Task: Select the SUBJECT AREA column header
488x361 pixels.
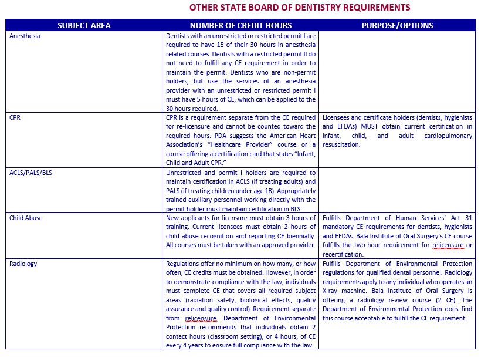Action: (x=84, y=25)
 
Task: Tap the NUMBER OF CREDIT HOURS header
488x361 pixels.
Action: (x=240, y=25)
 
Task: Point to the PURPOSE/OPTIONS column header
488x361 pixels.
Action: (x=397, y=25)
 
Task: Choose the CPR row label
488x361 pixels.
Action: (x=16, y=117)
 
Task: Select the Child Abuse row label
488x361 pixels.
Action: (x=26, y=218)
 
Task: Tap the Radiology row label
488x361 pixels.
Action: (x=23, y=264)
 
